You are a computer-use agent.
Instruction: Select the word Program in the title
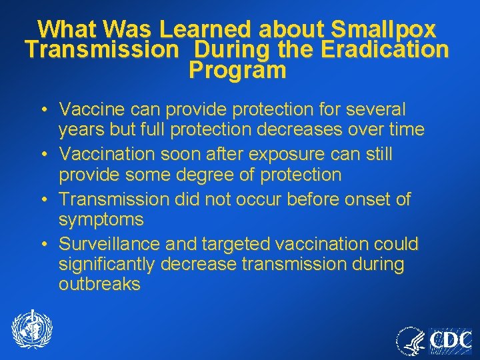click(237, 70)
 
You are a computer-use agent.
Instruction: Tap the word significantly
click(107, 265)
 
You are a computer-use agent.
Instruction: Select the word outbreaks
click(99, 285)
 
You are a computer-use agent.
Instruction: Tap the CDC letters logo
click(449, 341)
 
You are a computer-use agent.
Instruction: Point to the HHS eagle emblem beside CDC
click(411, 341)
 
